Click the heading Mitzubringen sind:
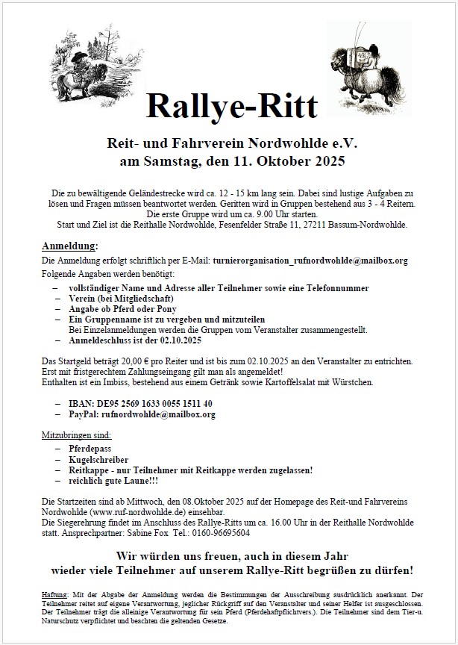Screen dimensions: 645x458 (76, 434)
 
